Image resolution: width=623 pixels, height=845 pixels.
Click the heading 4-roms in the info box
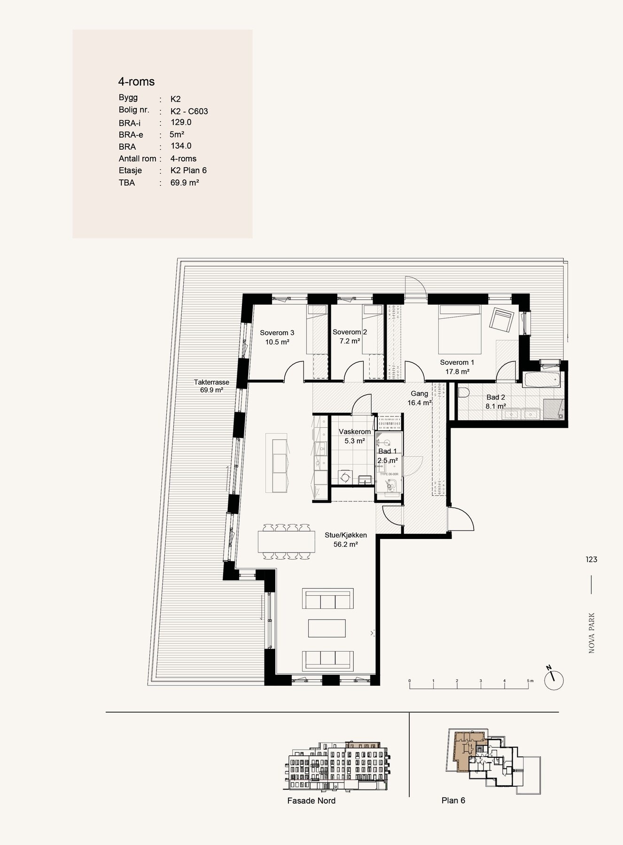[x=136, y=82]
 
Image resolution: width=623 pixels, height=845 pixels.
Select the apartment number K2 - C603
[x=189, y=111]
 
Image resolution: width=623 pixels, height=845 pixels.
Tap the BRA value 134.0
[x=181, y=146]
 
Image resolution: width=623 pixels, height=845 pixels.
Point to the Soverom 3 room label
[x=277, y=333]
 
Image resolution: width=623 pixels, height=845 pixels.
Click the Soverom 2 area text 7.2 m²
[x=350, y=341]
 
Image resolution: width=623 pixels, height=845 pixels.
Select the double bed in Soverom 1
[x=459, y=329]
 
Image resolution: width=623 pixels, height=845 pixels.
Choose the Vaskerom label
[x=355, y=432]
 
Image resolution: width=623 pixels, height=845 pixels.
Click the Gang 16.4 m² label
[x=420, y=398]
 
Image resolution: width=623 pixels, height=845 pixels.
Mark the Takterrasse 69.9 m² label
[x=211, y=386]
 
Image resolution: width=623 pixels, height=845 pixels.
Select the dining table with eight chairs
[x=287, y=541]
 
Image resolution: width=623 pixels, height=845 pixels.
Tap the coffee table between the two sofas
[x=327, y=628]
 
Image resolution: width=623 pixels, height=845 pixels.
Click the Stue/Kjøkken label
[x=346, y=535]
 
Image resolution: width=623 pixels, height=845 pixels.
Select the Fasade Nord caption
[x=311, y=801]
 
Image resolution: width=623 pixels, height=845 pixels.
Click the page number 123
[x=591, y=560]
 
